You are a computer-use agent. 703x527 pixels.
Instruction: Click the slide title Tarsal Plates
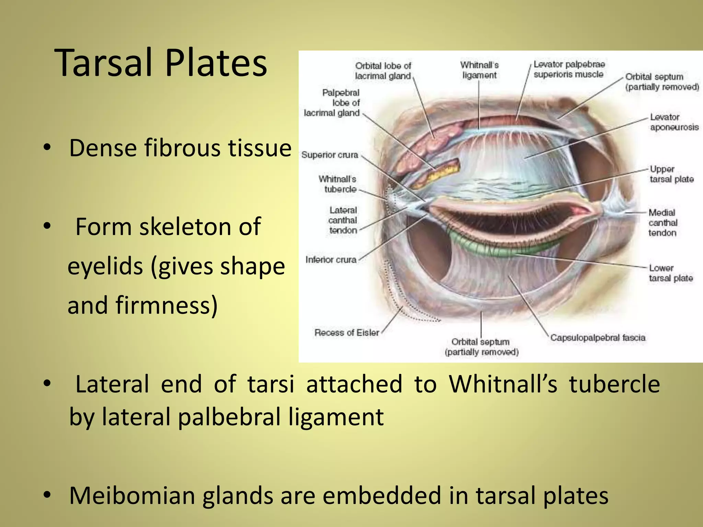(x=161, y=63)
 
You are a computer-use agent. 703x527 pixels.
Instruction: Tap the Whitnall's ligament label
(x=479, y=70)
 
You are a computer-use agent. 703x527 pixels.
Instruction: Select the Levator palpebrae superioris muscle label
(x=569, y=69)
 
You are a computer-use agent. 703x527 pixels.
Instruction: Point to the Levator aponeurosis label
(x=674, y=122)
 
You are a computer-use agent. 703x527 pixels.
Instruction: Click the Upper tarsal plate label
(x=671, y=174)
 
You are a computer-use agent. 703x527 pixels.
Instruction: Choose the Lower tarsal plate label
(x=671, y=273)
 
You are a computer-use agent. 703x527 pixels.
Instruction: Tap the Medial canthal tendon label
(x=662, y=223)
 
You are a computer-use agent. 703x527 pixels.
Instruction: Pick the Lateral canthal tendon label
(x=343, y=220)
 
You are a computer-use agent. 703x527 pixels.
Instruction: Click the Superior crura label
(x=330, y=155)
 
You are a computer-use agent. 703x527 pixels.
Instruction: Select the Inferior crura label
(x=331, y=260)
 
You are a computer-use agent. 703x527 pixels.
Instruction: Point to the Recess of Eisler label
(x=347, y=332)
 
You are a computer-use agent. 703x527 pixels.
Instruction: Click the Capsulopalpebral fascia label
(x=598, y=338)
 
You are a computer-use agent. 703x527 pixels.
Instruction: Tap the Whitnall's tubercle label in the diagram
(x=337, y=184)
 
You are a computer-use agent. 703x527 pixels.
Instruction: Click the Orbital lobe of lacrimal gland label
(x=383, y=71)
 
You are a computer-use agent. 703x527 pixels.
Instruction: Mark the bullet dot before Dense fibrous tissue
(x=47, y=148)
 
